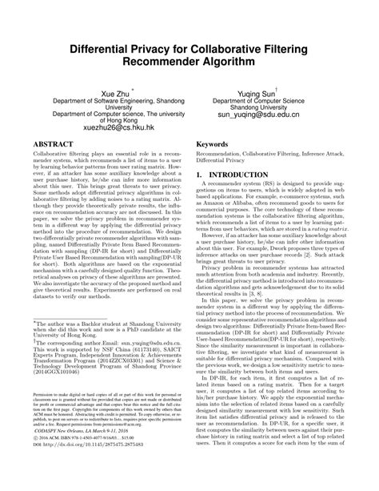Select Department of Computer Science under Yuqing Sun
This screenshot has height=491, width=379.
click(x=264, y=103)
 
